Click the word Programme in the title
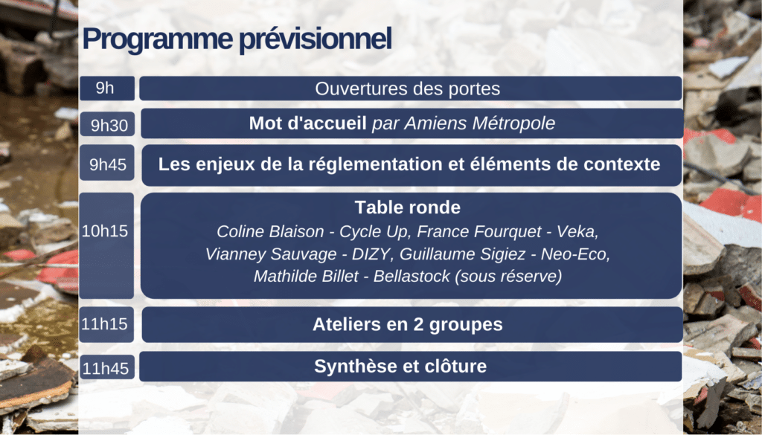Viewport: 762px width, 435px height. click(x=158, y=39)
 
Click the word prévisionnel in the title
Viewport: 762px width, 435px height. click(x=316, y=39)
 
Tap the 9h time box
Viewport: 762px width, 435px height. click(x=107, y=88)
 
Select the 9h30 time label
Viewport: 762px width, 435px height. click(x=109, y=125)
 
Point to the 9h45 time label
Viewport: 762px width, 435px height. click(x=107, y=164)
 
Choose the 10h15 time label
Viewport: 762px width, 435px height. click(x=105, y=231)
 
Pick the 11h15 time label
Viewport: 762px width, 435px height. click(x=104, y=323)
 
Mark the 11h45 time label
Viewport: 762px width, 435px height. click(x=106, y=369)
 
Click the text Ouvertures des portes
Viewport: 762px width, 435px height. click(x=407, y=88)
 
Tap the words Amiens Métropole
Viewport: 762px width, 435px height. click(x=480, y=123)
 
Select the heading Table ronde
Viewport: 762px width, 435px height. click(x=408, y=207)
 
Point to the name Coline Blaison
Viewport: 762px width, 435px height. click(x=270, y=231)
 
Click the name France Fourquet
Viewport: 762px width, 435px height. click(x=478, y=231)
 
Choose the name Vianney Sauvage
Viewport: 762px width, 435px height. click(x=271, y=254)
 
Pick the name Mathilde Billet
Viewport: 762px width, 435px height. click(x=306, y=277)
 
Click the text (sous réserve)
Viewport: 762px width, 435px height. click(x=508, y=277)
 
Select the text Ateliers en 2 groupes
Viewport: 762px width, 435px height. click(x=407, y=324)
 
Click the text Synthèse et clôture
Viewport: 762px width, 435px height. click(x=400, y=366)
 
